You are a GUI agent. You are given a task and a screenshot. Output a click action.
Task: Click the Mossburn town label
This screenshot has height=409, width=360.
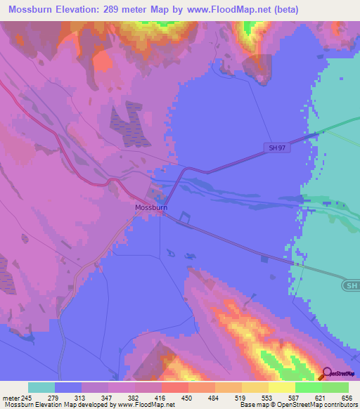(x=151, y=208)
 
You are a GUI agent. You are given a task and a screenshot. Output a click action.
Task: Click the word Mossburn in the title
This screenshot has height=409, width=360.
(x=33, y=9)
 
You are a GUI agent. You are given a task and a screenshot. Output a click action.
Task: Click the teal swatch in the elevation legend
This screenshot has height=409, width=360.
(x=41, y=387)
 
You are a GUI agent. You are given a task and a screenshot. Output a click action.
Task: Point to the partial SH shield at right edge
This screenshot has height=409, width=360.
(x=352, y=286)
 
